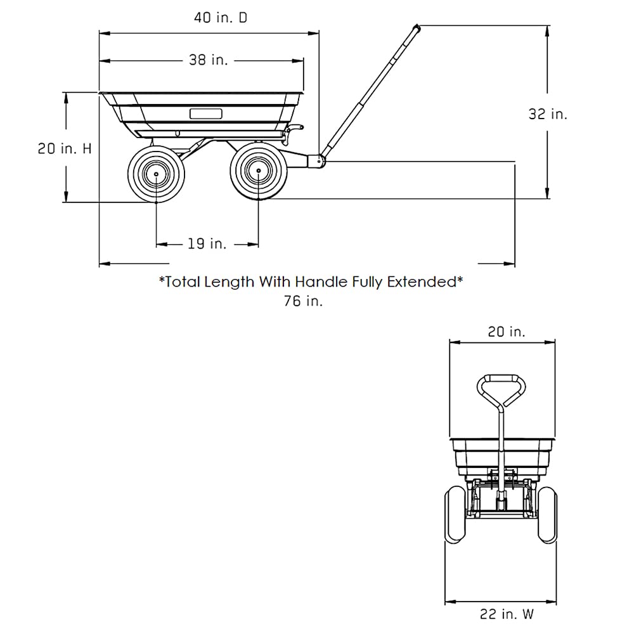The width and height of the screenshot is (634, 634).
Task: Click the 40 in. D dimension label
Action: click(221, 18)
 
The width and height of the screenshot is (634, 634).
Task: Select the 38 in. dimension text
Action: click(208, 60)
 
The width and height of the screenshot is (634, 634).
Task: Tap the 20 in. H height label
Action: click(65, 149)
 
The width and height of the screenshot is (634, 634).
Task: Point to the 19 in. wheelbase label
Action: click(207, 244)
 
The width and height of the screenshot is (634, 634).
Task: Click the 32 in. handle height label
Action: click(548, 114)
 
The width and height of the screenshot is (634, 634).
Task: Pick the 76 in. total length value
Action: click(303, 301)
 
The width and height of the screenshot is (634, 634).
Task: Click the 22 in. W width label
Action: click(507, 614)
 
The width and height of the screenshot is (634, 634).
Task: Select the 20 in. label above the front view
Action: click(506, 332)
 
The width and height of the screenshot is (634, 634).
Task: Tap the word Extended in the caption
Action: click(422, 282)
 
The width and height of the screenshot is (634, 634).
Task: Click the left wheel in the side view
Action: click(156, 174)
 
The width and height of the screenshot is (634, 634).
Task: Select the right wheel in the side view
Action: click(259, 171)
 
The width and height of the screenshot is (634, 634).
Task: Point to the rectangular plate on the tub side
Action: click(206, 113)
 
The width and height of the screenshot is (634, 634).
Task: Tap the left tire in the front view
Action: click(455, 515)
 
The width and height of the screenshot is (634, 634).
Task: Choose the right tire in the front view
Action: click(547, 515)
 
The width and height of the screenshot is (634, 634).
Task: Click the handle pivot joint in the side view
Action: click(316, 161)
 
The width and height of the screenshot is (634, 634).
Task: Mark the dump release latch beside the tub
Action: click(293, 133)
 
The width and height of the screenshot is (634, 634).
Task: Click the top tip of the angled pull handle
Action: click(417, 27)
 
